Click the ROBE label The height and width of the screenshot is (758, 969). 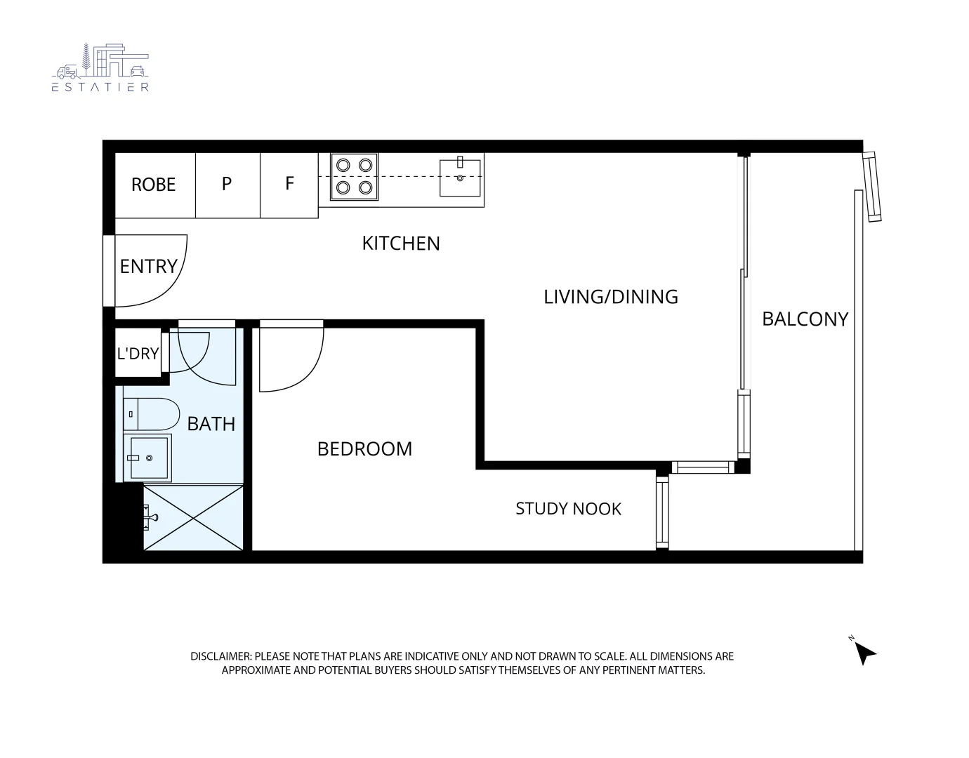point(153,185)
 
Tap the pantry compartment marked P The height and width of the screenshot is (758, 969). point(227,184)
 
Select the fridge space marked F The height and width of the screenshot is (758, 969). point(289,184)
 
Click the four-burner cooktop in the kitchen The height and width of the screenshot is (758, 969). point(354,176)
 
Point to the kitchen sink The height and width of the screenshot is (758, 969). point(460,178)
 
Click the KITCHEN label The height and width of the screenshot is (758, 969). point(401,244)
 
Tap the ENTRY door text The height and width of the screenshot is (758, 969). point(148,267)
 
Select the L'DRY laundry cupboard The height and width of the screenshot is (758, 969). point(138,354)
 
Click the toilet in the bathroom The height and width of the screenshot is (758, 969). point(151,414)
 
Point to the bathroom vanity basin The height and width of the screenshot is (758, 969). point(147,458)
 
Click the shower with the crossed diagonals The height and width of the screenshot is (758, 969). point(193,518)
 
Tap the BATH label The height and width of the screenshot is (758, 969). point(211,424)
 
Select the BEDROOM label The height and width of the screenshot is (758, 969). point(364,449)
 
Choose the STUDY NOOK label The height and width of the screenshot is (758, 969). point(568,509)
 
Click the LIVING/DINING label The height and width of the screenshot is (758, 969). point(611,297)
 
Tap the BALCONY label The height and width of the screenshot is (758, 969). point(805,319)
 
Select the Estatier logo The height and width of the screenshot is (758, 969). point(100,67)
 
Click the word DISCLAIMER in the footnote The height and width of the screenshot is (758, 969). point(220,657)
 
